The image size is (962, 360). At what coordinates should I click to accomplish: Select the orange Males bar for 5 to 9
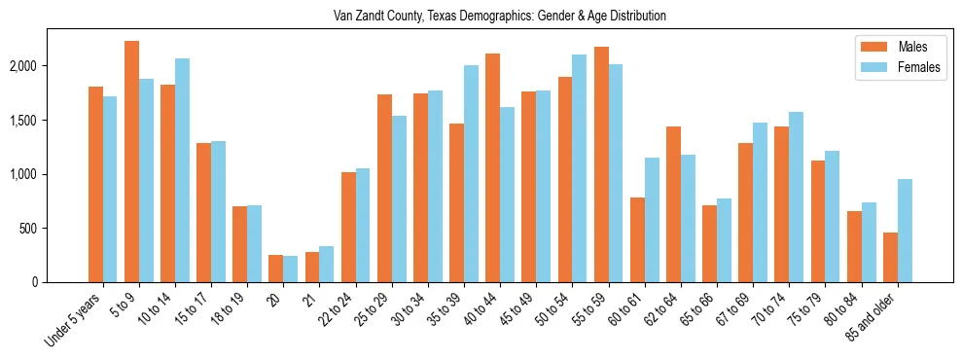(x=132, y=162)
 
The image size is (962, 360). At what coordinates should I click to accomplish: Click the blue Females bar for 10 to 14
(x=182, y=170)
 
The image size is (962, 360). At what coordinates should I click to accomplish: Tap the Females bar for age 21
(x=327, y=264)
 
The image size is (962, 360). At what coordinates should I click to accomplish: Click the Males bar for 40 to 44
(x=493, y=167)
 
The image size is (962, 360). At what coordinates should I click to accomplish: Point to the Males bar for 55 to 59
(x=601, y=164)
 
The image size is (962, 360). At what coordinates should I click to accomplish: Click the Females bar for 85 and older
(x=905, y=231)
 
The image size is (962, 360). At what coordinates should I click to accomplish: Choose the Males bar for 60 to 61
(x=637, y=239)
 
